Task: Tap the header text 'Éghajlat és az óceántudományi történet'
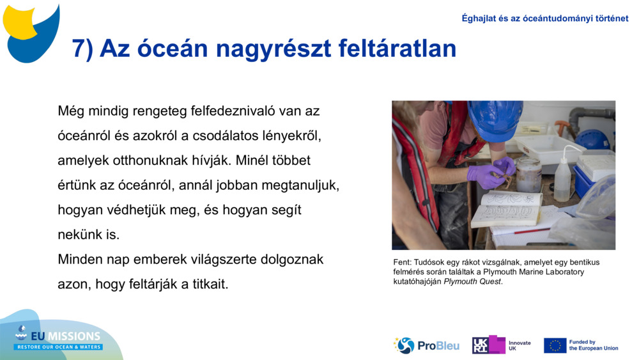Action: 545,19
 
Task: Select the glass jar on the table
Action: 529,174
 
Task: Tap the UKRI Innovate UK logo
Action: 501,345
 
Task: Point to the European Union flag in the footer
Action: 555,345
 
